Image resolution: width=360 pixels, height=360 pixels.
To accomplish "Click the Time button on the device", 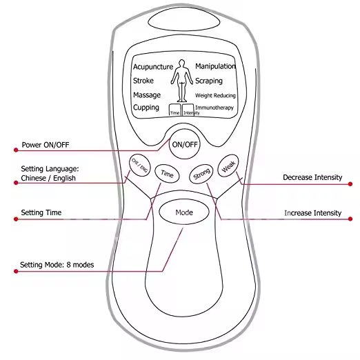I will coord(168,174).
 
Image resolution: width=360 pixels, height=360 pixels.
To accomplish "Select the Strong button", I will coord(201,174).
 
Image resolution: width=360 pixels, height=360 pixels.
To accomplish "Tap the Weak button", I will coord(228,166).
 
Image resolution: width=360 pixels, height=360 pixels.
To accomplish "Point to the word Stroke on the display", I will coord(144,81).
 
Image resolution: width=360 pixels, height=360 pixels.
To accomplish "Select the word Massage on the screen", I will coord(147,94).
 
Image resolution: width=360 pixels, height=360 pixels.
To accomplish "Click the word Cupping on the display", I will coord(146,108).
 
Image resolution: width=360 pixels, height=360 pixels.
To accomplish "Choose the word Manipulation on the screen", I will coord(215,66).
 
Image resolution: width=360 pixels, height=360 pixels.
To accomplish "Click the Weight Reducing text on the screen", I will coord(215,95).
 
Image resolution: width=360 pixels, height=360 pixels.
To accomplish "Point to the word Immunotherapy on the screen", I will coord(215,108).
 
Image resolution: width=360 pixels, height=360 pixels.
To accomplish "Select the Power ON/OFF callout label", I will coord(45,146).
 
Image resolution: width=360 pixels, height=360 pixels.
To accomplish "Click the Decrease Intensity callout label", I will coord(312,177).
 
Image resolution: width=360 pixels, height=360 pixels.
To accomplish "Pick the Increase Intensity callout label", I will coord(312,213).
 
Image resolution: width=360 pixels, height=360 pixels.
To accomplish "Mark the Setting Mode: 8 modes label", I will coord(56,264).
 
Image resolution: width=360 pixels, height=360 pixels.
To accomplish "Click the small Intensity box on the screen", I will coord(188,110).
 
